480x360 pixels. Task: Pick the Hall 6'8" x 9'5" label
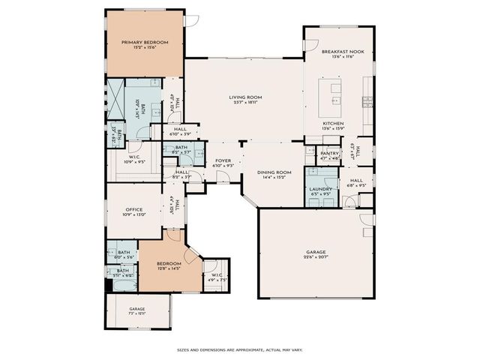pyautogui.click(x=356, y=182)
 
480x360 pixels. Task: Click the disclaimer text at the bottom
pyautogui.click(x=240, y=349)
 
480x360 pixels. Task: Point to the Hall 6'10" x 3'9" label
pyautogui.click(x=180, y=131)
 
